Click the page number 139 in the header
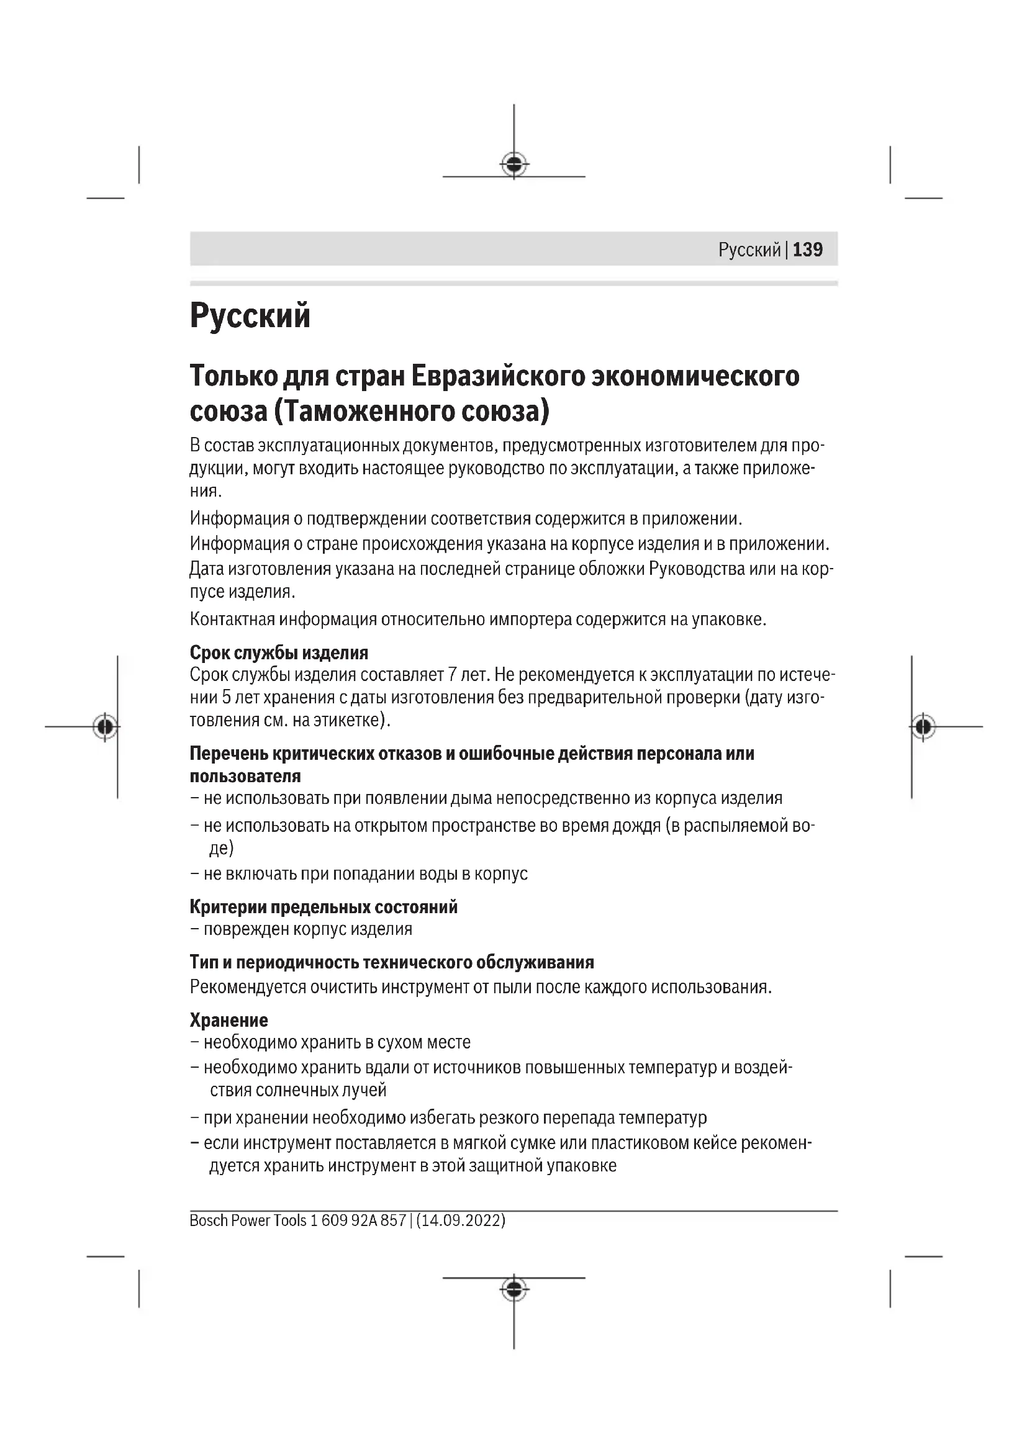(808, 250)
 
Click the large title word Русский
(250, 315)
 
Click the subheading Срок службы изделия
(279, 652)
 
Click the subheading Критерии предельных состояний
(323, 907)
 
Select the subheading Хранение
(228, 1020)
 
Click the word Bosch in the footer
(208, 1220)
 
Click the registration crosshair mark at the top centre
(514, 165)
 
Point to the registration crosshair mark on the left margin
(105, 727)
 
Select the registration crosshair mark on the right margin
(923, 727)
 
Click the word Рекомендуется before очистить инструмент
(248, 987)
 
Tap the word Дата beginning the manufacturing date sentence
(206, 569)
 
